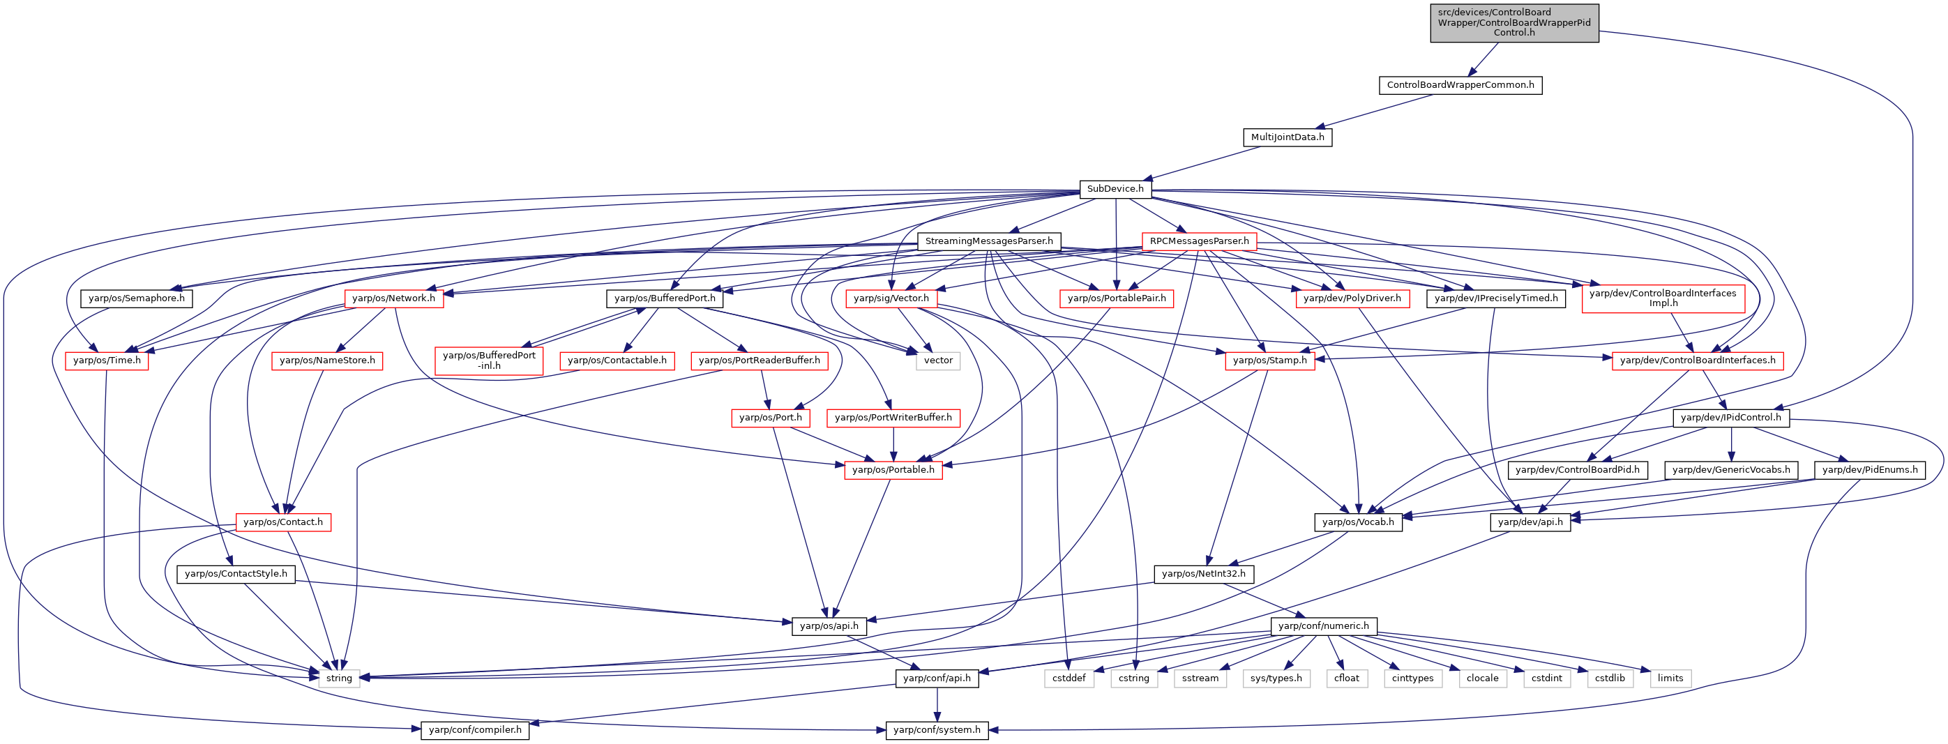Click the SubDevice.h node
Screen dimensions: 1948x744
(1115, 189)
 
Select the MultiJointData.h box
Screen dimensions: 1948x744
(1287, 137)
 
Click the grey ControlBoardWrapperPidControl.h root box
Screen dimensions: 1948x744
(1514, 23)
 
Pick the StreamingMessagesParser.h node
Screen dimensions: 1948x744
(988, 241)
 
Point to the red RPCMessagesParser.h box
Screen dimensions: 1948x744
(1200, 241)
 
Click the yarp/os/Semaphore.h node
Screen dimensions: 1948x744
(136, 298)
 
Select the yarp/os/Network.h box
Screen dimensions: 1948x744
(393, 298)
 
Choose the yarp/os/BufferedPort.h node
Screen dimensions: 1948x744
(665, 298)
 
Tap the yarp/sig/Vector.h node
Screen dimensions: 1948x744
(891, 298)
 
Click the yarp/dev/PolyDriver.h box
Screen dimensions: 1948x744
(1352, 298)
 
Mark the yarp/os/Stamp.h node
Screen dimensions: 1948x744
(1269, 360)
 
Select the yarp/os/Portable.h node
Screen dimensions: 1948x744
(893, 470)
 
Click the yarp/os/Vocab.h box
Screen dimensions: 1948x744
(1358, 522)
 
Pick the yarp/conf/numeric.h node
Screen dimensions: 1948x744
(1323, 626)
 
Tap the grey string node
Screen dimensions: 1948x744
(339, 678)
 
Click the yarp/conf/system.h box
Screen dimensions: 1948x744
(936, 730)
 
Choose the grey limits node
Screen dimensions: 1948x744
(1670, 678)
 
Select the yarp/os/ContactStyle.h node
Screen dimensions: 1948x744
(236, 575)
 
